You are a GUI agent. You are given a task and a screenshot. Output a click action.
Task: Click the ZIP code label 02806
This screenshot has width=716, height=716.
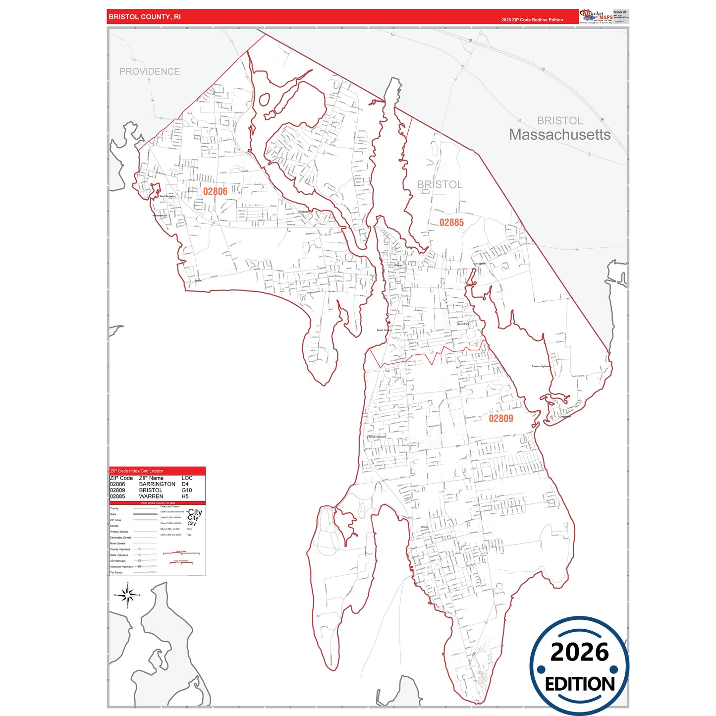point(215,191)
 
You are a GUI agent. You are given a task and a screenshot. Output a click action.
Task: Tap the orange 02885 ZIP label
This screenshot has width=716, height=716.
point(451,222)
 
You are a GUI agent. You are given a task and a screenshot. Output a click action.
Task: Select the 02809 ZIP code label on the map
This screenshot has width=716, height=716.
point(501,418)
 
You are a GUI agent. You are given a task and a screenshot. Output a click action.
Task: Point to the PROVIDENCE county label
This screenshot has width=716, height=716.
point(150,71)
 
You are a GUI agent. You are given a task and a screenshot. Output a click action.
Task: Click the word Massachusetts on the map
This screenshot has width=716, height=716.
point(559,135)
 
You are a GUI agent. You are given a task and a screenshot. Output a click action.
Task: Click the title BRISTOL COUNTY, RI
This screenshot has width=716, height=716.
point(145,17)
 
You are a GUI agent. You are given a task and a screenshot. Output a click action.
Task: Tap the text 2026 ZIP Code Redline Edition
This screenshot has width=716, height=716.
point(532,20)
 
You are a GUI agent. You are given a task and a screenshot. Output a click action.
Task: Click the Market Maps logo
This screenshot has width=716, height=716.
point(596,16)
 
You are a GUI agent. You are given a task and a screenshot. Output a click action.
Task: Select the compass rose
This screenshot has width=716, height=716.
point(128,595)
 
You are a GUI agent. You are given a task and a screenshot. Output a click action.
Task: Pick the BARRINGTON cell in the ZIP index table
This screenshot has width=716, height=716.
point(157,484)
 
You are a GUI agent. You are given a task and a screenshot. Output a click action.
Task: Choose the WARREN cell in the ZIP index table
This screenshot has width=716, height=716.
point(151,496)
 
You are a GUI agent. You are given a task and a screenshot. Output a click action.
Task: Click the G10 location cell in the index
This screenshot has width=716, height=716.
point(187,490)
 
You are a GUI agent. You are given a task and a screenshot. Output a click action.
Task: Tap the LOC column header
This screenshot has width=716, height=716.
point(187,478)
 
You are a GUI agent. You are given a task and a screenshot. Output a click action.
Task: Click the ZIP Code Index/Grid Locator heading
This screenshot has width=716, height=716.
point(137,471)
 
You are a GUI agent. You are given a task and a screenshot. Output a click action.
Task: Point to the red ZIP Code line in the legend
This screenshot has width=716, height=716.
point(145,520)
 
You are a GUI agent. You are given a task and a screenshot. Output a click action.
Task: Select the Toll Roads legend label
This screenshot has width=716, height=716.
point(116,572)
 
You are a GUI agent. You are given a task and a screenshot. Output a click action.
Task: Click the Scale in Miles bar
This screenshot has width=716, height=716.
point(181,553)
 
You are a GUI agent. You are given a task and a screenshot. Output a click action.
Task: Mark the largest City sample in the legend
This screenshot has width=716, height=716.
point(195,512)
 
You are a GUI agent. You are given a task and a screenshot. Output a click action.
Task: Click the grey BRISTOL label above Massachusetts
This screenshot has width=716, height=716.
point(560,120)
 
